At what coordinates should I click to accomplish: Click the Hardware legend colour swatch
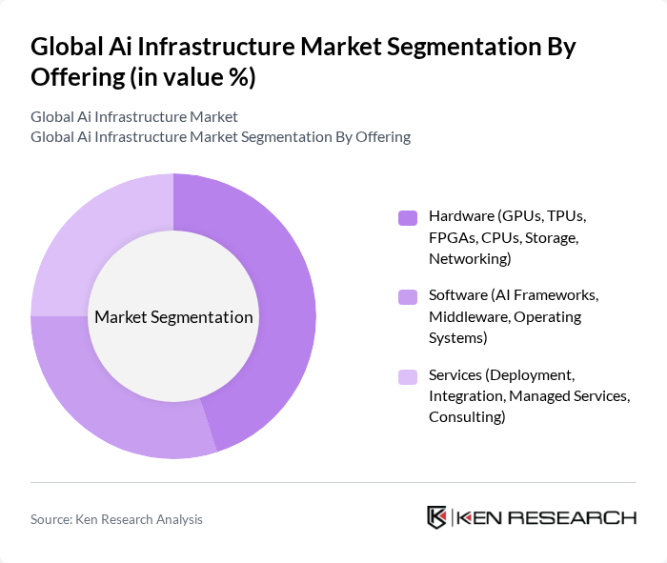tap(408, 218)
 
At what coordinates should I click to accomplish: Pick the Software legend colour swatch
tap(408, 297)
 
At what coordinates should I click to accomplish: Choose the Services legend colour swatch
tap(408, 376)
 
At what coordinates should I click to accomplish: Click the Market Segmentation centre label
tap(173, 317)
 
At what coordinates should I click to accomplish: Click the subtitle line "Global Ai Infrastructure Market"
tap(134, 117)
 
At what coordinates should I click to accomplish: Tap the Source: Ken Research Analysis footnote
tap(116, 519)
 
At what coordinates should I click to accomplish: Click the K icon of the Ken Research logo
tap(436, 517)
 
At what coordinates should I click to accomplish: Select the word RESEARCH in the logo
tap(581, 517)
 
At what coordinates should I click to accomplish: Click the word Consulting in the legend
tap(467, 417)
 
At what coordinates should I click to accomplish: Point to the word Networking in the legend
tap(469, 259)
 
